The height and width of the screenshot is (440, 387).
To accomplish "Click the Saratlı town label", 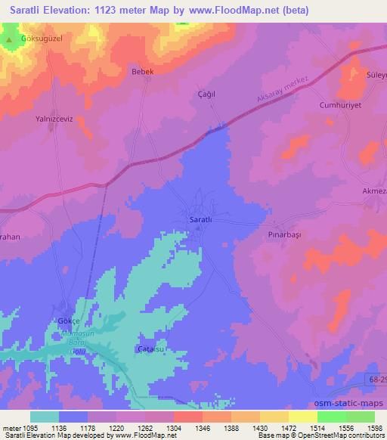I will (x=200, y=220).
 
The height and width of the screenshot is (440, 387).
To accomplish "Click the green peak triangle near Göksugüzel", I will (x=9, y=38).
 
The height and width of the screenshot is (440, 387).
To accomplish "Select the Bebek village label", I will (x=143, y=71).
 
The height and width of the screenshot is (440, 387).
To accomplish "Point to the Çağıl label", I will (x=197, y=95).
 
